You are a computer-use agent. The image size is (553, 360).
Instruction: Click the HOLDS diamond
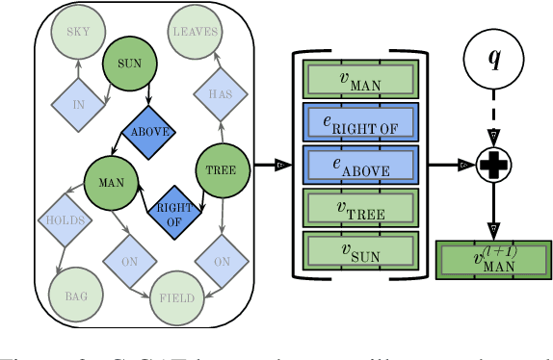[66, 220]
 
